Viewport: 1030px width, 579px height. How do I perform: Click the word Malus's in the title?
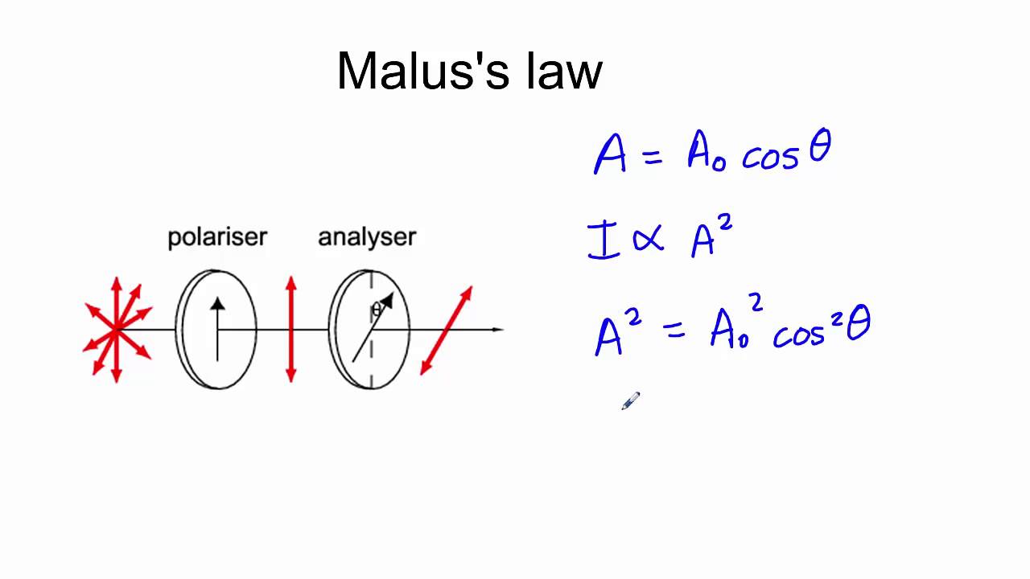[x=422, y=71]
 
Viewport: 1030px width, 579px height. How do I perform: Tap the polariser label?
[x=216, y=237]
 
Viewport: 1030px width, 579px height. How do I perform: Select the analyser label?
[x=367, y=237]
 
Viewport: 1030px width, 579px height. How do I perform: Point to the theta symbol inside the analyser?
[x=375, y=310]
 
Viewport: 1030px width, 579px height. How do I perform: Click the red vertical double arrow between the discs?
[x=291, y=329]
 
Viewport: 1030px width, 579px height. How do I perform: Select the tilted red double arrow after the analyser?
[x=447, y=330]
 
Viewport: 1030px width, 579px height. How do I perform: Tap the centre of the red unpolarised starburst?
[x=117, y=329]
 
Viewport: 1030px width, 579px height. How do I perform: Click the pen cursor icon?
[x=630, y=401]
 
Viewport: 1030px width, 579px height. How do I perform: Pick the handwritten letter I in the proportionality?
[x=603, y=242]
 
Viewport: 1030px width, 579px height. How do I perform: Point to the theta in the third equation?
[x=859, y=327]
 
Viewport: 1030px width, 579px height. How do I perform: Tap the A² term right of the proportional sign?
[x=711, y=239]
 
